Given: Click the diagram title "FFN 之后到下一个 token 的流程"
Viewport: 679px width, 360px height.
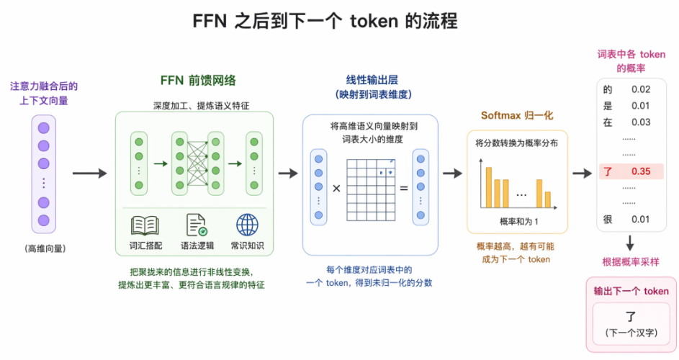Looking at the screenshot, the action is point(325,21).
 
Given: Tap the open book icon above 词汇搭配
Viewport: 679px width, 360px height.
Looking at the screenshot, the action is point(145,225).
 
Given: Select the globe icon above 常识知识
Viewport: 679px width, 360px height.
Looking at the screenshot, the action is point(247,225).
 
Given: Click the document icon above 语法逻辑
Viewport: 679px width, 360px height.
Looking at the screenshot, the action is point(197,225).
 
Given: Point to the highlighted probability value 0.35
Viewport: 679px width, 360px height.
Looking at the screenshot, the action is point(641,171).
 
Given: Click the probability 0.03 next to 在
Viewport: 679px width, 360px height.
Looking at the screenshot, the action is point(641,122).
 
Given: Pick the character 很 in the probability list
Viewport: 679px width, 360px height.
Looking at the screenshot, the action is point(608,219).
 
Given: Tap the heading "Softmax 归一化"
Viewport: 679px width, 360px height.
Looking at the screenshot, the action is point(517,115).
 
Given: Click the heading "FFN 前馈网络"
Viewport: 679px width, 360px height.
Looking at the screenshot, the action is point(198,80).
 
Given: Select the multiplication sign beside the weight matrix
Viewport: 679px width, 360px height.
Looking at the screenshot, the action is point(336,189).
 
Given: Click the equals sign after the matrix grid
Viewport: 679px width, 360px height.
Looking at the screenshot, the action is point(404,189).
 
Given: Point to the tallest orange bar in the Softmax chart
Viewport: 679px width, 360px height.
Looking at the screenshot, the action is point(488,187).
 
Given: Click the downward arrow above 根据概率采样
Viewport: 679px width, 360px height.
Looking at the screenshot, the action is point(630,243).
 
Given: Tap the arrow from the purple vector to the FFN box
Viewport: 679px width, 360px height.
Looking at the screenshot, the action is point(89,174).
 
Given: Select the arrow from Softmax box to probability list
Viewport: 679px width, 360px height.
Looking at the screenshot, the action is point(582,174).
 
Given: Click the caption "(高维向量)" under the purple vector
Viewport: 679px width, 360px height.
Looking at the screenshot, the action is point(45,248).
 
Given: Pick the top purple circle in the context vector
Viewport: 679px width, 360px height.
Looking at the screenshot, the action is point(43,128).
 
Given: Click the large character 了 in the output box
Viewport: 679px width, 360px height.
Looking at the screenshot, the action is point(631,316).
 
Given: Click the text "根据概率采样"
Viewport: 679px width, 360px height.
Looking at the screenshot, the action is point(631,261).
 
